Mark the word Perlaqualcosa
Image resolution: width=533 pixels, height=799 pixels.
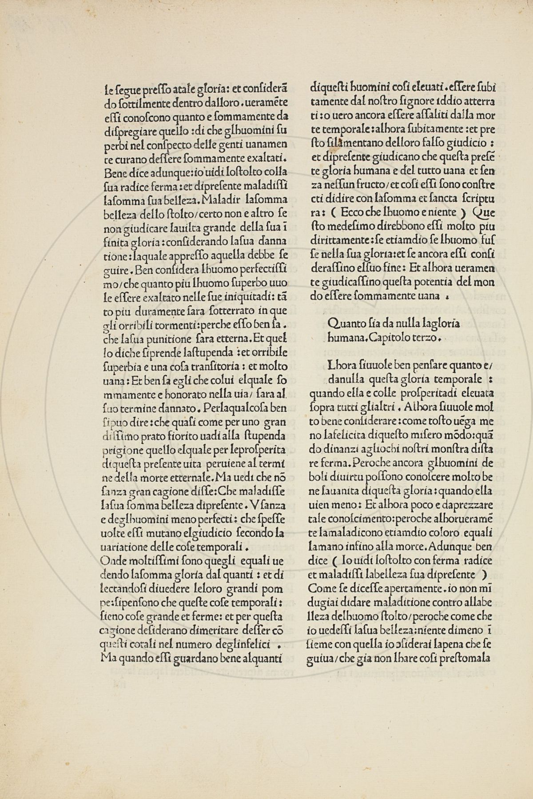[x=243, y=407]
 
